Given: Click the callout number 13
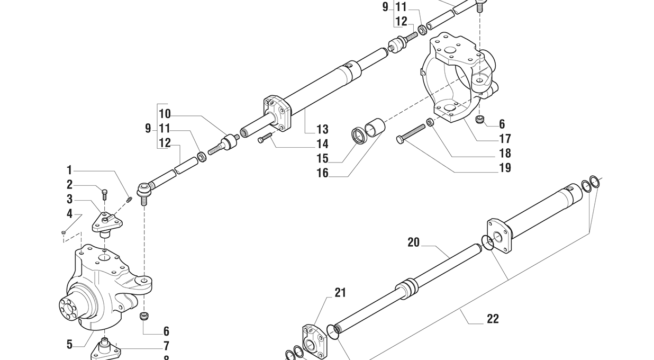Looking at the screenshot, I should coord(322,129).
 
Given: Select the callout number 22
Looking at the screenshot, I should coord(493,319).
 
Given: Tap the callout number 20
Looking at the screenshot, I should coord(413,242).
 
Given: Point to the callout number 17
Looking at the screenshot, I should coord(505,139).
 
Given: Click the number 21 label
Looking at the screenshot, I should coord(340,292).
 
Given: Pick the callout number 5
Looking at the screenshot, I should coord(69,345).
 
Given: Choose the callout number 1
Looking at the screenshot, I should coord(69,170).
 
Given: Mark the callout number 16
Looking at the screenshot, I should coord(322,173).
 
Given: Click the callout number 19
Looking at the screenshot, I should coord(505,168).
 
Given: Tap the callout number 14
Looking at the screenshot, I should coord(322,144).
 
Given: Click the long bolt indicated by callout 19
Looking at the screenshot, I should coord(411,133).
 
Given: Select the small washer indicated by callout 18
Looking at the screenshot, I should coord(430,122).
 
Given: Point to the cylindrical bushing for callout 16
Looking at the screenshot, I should coord(375,127).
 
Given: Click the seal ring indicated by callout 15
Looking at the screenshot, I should coord(360,136).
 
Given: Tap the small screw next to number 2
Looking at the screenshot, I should coord(104,194).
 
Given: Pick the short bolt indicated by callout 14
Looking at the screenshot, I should coord(265,139).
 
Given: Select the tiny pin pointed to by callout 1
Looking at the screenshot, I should coord(130,200).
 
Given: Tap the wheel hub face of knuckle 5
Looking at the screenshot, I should coord(69,307).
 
